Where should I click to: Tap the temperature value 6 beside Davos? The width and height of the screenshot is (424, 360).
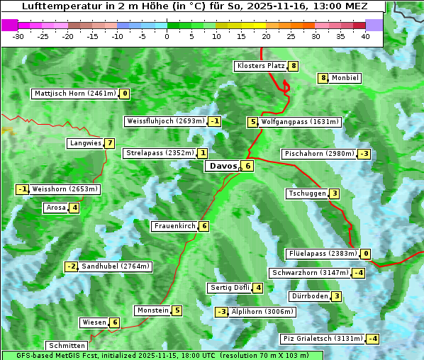pos(247,167)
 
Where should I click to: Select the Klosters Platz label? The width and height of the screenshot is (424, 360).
pos(260,66)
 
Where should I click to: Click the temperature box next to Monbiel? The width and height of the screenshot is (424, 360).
pos(323,78)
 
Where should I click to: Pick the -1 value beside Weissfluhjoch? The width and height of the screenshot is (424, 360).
pos(215,121)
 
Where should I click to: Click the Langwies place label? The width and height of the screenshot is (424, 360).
pos(85,143)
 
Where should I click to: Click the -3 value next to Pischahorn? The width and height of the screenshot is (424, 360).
pos(364,154)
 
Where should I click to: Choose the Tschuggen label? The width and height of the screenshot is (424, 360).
pos(307,193)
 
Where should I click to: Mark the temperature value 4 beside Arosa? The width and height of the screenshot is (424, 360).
pos(74,208)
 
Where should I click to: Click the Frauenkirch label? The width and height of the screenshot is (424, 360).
pos(174,226)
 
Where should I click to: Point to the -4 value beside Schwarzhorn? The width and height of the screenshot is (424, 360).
pos(359,273)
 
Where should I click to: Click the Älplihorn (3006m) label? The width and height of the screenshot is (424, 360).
pos(263,312)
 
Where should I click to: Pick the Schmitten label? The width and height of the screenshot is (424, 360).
pos(65,346)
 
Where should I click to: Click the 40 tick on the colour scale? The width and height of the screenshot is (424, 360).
pos(365,35)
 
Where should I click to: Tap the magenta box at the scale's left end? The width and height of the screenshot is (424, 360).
pos(10,25)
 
